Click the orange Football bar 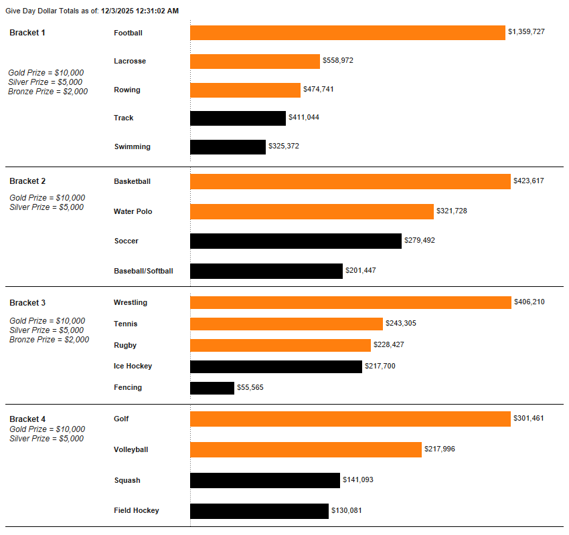coord(347,33)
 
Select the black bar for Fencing coord(212,388)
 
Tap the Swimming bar coord(228,147)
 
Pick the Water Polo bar coord(312,211)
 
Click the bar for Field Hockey coord(259,511)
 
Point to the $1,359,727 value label coord(526,32)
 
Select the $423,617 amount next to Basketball coord(529,181)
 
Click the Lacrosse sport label coord(130,62)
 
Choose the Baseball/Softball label coord(143,271)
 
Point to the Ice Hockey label coord(133,366)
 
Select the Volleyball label coord(131,450)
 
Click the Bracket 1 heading coord(27,33)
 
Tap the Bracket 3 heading coord(27,303)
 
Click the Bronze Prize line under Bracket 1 coord(48,92)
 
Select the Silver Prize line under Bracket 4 coord(47,439)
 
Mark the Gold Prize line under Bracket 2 coord(48,198)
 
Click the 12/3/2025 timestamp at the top coord(140,11)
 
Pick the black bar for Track coord(238,118)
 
